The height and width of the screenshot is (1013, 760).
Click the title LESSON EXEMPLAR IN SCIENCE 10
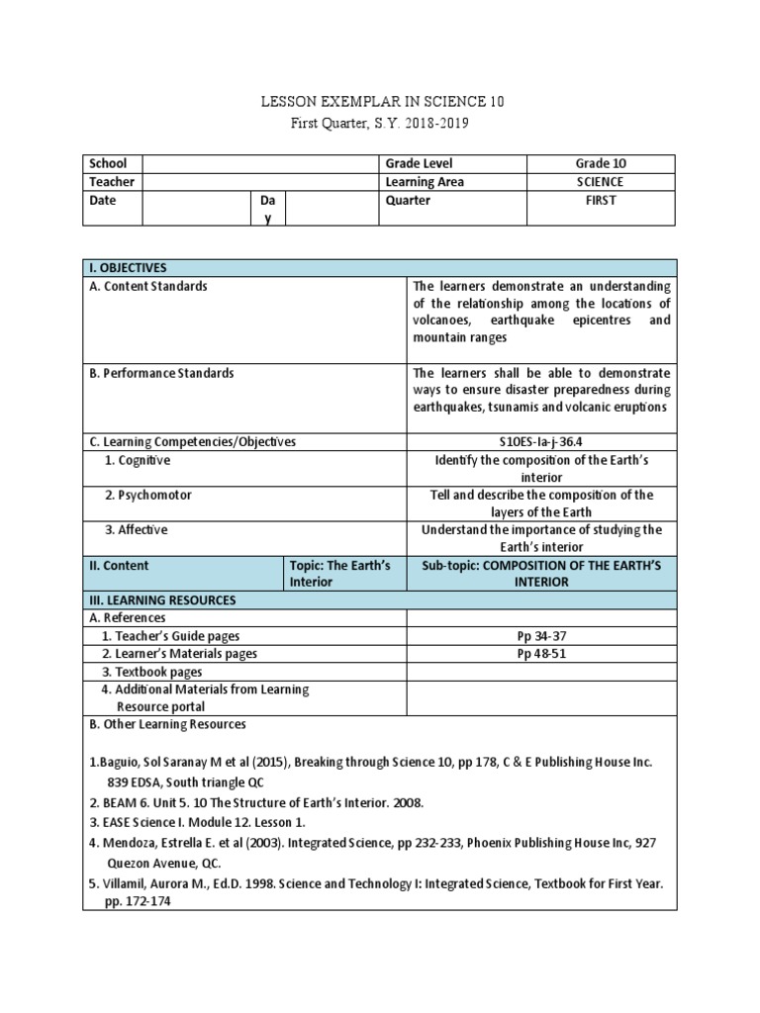(380, 102)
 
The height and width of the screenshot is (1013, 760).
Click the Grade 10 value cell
(601, 163)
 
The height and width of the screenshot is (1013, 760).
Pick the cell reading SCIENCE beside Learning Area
(601, 182)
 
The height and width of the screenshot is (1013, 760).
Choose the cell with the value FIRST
(601, 200)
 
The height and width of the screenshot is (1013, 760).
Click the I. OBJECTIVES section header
(128, 268)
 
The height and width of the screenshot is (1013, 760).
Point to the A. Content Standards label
(148, 287)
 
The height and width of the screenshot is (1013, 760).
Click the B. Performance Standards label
(161, 373)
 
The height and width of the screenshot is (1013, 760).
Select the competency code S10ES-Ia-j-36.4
(541, 442)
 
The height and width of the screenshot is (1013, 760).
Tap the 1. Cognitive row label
(138, 460)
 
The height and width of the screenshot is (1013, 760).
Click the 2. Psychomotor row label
(148, 495)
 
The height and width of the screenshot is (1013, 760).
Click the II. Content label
(119, 565)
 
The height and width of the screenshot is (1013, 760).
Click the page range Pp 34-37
(541, 636)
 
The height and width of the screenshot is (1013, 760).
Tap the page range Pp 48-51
(541, 654)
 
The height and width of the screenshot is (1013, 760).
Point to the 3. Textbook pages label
(157, 672)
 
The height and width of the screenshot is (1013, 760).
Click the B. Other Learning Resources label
(167, 724)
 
